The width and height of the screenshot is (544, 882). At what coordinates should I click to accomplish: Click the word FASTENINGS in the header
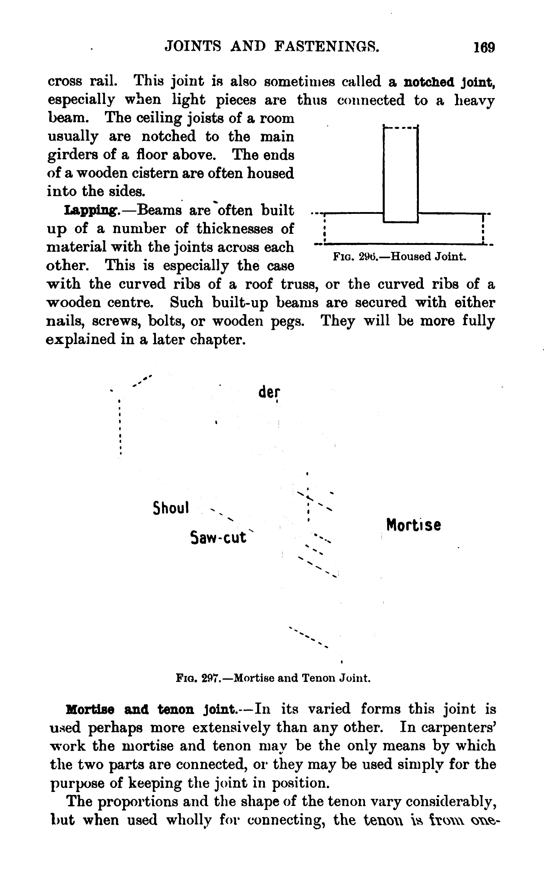pyautogui.click(x=327, y=46)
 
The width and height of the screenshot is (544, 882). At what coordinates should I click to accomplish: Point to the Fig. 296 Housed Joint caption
pyautogui.click(x=399, y=256)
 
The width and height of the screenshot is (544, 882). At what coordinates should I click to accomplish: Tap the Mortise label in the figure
pyautogui.click(x=413, y=525)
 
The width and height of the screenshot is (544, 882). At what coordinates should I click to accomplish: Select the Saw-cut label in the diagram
pyautogui.click(x=218, y=537)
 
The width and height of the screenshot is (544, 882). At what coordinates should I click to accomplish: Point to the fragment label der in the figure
pyautogui.click(x=269, y=392)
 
